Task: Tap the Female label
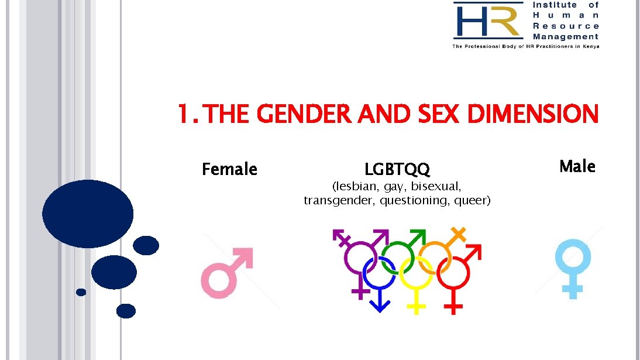point(229,169)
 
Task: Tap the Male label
point(577,166)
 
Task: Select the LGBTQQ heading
point(397,170)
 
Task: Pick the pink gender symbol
point(222,275)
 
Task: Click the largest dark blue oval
point(88,214)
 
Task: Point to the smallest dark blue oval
point(81,292)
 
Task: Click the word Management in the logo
point(566,36)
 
